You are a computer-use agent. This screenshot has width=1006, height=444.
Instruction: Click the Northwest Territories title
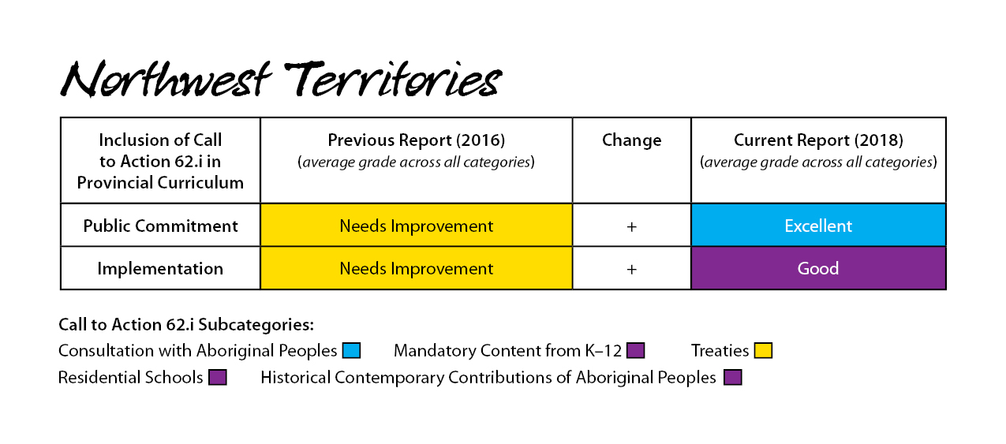click(x=281, y=80)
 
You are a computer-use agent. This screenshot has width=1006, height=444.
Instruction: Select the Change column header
click(x=631, y=140)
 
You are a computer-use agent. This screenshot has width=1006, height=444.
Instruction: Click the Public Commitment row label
click(x=160, y=226)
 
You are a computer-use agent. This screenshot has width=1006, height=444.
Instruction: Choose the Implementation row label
click(x=160, y=268)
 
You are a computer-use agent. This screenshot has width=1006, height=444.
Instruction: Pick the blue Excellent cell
click(x=818, y=225)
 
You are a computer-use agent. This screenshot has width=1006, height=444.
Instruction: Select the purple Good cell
click(x=818, y=268)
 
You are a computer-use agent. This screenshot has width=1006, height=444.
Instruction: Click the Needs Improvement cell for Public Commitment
click(x=417, y=225)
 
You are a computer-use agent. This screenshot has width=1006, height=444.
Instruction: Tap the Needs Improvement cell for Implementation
click(x=417, y=268)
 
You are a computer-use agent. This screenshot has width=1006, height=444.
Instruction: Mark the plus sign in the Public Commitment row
click(x=631, y=226)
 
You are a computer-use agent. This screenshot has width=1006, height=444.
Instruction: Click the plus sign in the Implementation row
click(x=631, y=270)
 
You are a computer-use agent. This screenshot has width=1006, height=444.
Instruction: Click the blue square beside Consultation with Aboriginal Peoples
click(x=351, y=350)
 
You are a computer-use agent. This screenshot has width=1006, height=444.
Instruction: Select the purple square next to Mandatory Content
click(x=635, y=350)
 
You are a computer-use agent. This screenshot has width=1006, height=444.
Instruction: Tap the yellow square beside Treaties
click(x=763, y=350)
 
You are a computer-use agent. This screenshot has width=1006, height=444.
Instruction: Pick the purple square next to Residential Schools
click(x=217, y=377)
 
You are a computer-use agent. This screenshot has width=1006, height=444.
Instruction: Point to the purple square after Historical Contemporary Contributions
click(x=732, y=377)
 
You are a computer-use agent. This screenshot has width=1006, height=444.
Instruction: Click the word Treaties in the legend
click(x=720, y=351)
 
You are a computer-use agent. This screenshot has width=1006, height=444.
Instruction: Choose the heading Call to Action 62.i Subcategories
click(x=186, y=325)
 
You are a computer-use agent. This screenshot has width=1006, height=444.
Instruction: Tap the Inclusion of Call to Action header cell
click(x=160, y=161)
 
